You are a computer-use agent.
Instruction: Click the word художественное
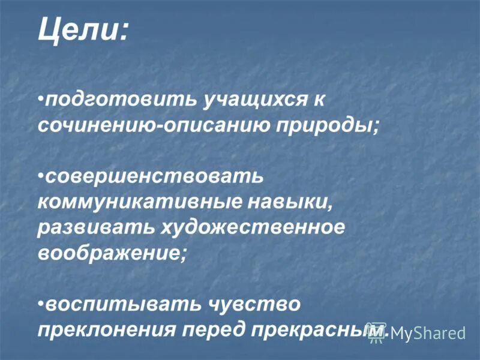coord(252,227)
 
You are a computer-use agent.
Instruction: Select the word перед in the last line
coord(212,329)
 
